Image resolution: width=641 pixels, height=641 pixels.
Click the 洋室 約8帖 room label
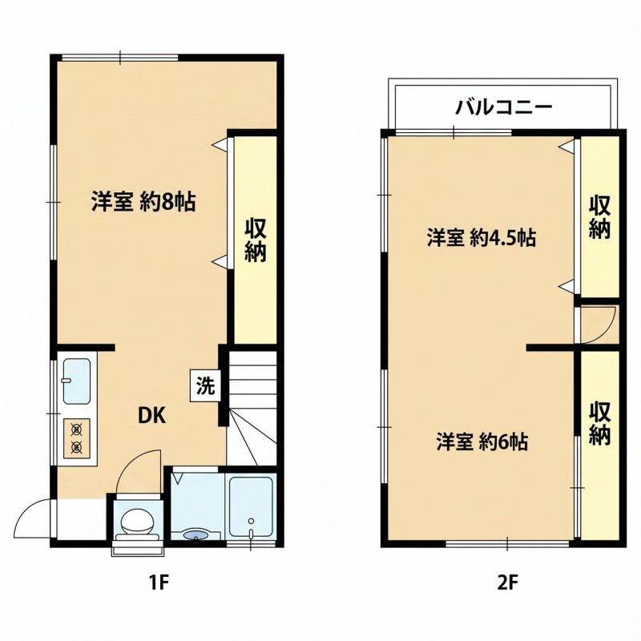tap(143, 202)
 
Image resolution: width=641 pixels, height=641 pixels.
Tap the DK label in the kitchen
tap(151, 416)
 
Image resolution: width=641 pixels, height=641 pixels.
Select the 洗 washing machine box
tap(205, 385)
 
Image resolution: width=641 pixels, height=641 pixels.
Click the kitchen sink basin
tap(76, 381)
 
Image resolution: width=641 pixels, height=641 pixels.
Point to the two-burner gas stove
tap(76, 438)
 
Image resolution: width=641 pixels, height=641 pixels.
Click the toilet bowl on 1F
tap(137, 522)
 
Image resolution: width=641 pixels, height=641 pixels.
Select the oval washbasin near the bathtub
tap(196, 534)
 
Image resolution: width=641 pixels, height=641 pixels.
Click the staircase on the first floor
tap(252, 408)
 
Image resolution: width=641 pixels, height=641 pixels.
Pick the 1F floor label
tap(159, 583)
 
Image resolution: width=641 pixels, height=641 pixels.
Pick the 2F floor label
tap(508, 583)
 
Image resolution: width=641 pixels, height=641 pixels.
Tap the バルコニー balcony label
tap(504, 107)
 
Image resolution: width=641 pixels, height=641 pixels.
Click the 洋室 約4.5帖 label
tap(482, 237)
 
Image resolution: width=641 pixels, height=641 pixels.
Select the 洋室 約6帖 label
tap(482, 441)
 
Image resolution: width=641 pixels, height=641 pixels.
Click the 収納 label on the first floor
tap(256, 240)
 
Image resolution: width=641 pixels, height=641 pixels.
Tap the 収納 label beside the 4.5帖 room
tap(599, 217)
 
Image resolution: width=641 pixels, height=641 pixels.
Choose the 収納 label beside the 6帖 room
tap(599, 424)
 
